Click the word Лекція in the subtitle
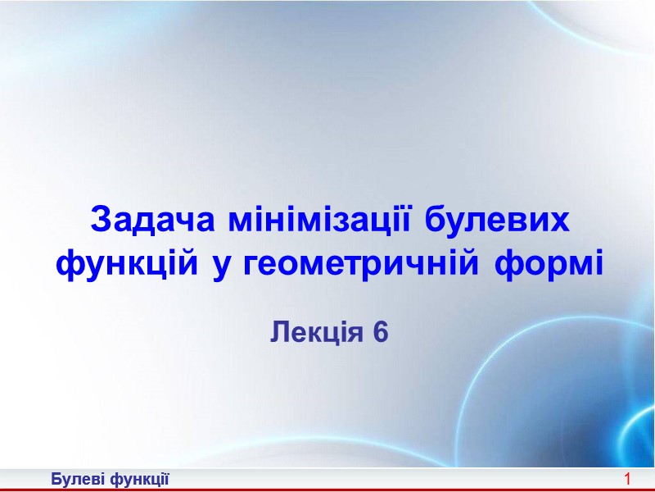point(316,332)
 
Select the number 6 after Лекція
point(378,332)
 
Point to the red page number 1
point(627,478)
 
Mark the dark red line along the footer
point(327,490)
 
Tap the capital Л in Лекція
point(278,332)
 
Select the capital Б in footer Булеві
point(55,478)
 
